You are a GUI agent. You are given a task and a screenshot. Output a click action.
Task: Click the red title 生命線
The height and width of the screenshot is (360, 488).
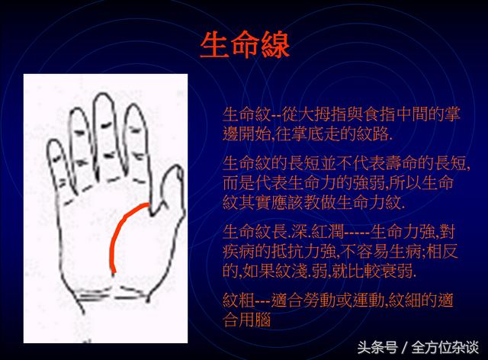pyautogui.click(x=245, y=45)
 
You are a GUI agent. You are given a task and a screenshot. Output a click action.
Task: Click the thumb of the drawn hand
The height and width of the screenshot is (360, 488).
pyautogui.click(x=170, y=190)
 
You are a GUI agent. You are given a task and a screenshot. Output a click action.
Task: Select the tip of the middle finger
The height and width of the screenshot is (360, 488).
pyautogui.click(x=103, y=94)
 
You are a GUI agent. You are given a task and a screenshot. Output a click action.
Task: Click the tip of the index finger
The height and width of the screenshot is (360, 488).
pyautogui.click(x=134, y=105)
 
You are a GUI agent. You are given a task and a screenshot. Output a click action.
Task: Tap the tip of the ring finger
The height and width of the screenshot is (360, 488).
pyautogui.click(x=75, y=109)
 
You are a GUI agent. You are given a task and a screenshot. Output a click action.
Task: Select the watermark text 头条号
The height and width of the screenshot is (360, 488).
pyautogui.click(x=377, y=347)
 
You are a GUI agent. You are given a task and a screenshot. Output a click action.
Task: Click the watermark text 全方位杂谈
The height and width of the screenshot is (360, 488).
pyautogui.click(x=445, y=347)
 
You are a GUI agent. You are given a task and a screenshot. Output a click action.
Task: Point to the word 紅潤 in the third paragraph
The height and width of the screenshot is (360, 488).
pyautogui.click(x=327, y=231)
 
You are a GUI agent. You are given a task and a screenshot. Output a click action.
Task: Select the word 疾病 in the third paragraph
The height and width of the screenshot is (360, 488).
pyautogui.click(x=239, y=252)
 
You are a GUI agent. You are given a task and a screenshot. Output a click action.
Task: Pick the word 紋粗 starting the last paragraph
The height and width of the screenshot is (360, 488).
pyautogui.click(x=239, y=301)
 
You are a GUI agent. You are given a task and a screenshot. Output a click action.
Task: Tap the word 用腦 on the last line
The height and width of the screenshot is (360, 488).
pyautogui.click(x=255, y=320)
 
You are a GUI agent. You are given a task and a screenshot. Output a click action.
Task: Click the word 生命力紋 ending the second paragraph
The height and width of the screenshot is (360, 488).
pyautogui.click(x=368, y=203)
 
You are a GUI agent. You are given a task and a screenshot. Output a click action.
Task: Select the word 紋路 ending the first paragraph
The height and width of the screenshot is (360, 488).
pyautogui.click(x=372, y=134)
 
